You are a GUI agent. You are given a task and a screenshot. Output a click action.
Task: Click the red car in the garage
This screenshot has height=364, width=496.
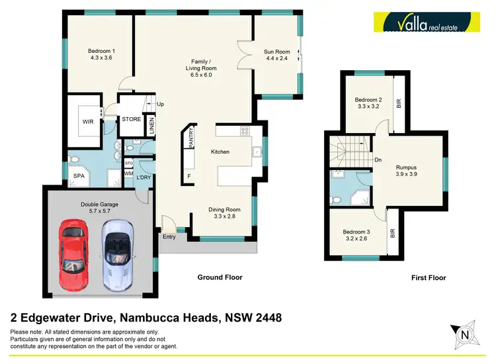(x=75, y=254)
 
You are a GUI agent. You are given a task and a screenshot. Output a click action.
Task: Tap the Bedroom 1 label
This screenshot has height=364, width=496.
(x=102, y=52)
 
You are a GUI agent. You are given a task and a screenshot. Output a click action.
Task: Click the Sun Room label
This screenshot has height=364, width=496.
(x=277, y=52)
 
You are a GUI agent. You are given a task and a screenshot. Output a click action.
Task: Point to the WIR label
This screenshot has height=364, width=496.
(x=88, y=122)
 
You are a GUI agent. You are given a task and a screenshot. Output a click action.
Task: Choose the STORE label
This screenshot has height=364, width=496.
(x=132, y=119)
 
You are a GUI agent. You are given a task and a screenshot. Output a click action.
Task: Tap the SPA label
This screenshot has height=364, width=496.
(x=79, y=177)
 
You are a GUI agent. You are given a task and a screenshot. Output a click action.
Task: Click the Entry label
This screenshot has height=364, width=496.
(x=169, y=236)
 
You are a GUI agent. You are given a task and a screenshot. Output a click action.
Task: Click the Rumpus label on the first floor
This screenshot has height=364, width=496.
(x=407, y=168)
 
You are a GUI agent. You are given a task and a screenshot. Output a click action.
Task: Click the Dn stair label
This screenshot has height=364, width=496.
(x=378, y=159)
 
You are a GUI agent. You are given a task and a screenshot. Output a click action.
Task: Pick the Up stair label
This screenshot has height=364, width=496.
(x=160, y=104)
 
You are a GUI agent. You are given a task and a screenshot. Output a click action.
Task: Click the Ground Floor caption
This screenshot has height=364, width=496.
(x=220, y=277)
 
